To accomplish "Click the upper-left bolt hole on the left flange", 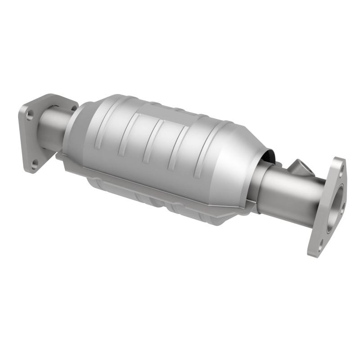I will [30, 115].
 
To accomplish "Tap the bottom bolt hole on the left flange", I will [36, 165].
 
